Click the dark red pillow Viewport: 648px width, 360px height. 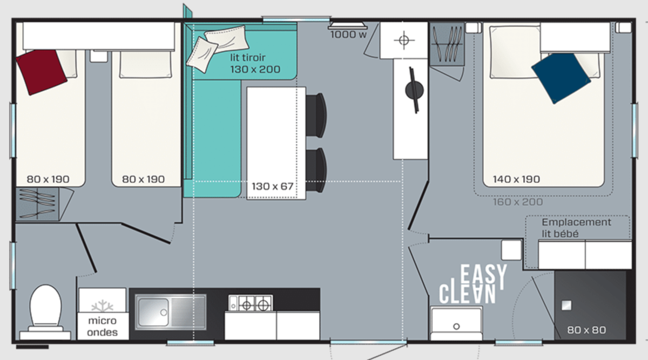pos(42,72)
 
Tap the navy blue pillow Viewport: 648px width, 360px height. pos(561,78)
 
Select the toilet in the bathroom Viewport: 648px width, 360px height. pos(45,311)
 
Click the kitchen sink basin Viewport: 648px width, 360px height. pos(153,313)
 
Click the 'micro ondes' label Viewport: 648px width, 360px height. pos(103,327)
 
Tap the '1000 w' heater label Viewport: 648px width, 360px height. pos(348,35)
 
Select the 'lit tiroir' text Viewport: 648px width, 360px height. pos(248,58)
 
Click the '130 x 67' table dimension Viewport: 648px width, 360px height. pos(273,186)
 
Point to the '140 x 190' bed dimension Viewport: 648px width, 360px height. pos(516,179)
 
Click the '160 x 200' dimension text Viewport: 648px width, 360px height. pos(518,202)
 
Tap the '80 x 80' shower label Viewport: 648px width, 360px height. pos(586,330)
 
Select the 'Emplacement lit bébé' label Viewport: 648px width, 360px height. pos(576,228)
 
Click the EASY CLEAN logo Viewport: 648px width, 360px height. pos(473,284)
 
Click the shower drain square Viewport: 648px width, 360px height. pos(566,305)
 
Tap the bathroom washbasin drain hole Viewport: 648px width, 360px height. pos(456,327)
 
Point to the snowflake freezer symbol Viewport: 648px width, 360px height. pos(102,306)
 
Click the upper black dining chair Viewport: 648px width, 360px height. pos(316,115)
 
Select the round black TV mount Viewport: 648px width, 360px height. pos(414,90)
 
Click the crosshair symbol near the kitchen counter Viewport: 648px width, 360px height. pos(404,40)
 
